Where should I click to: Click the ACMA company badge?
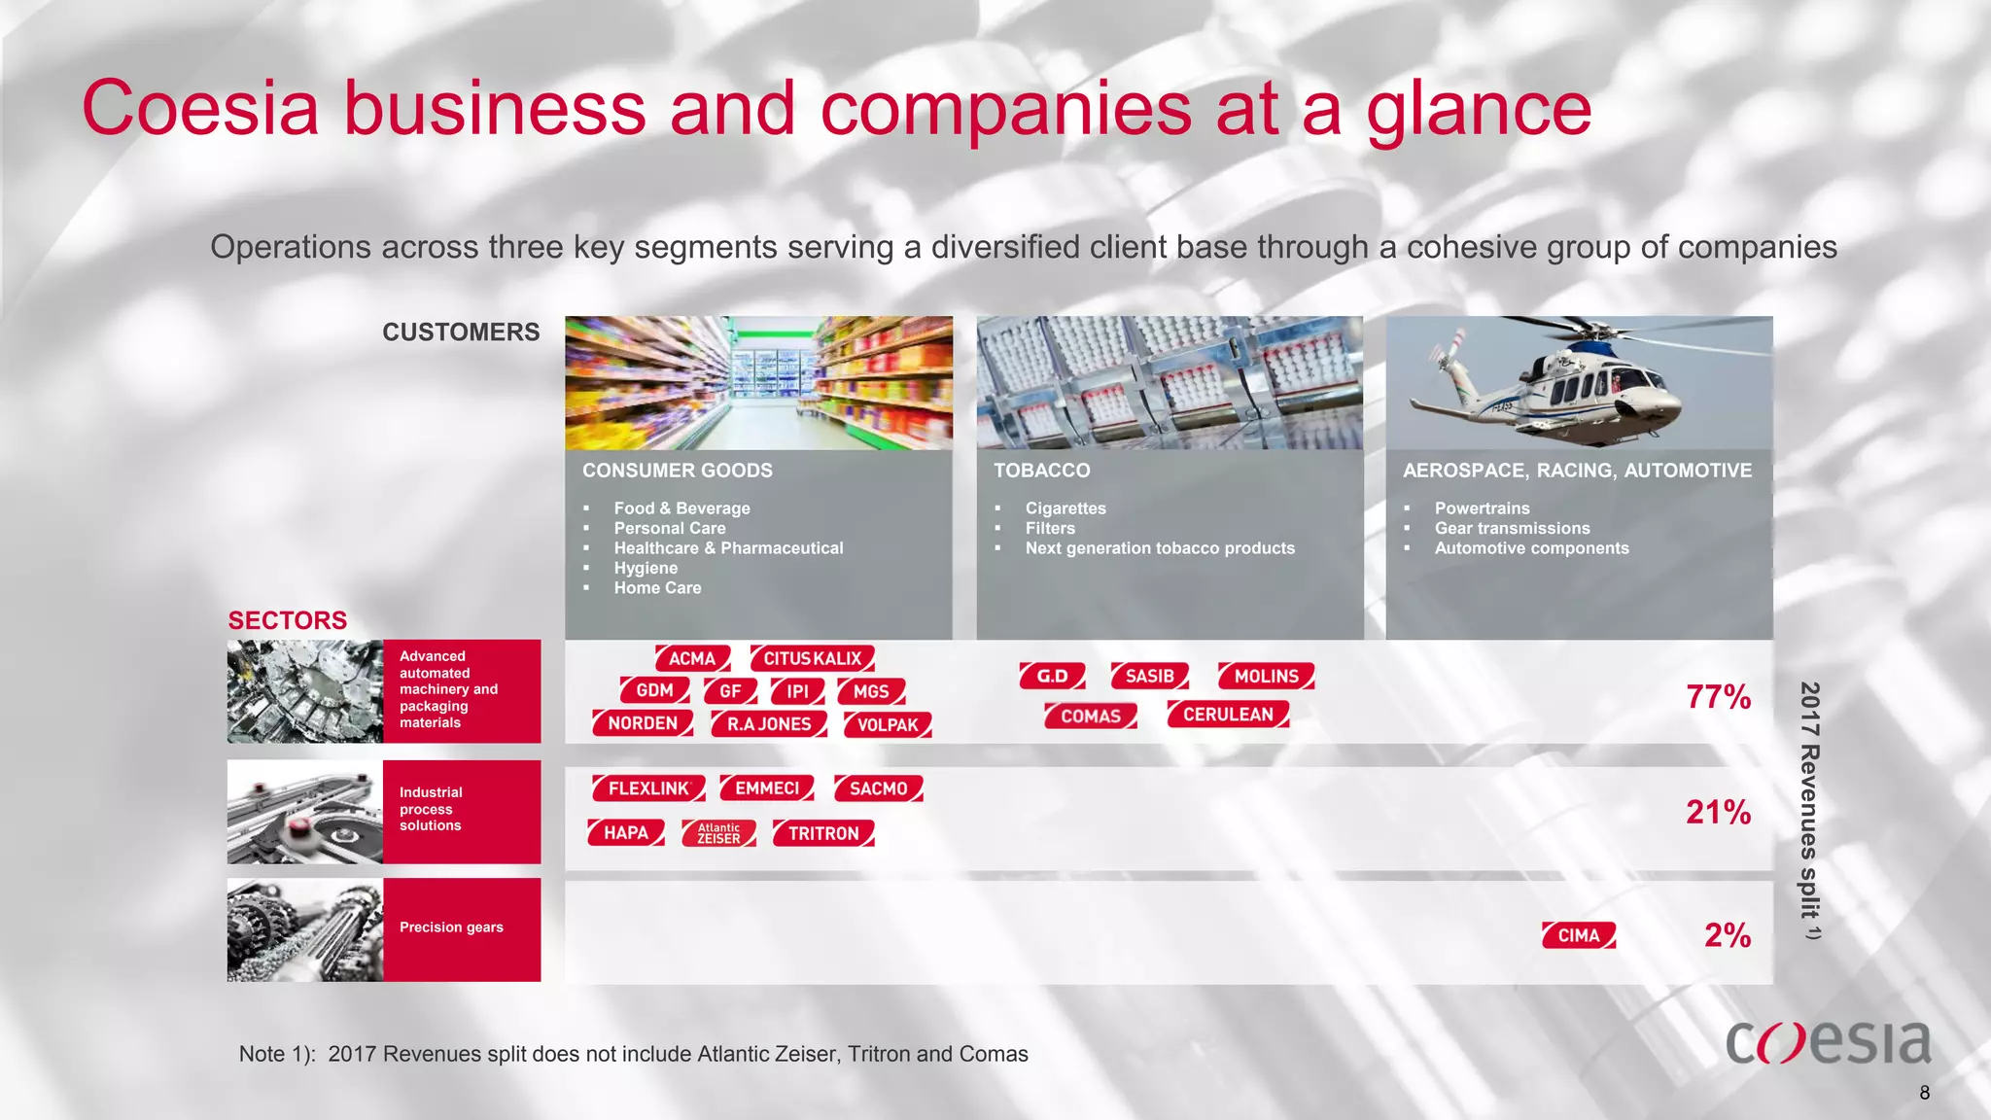[691, 658]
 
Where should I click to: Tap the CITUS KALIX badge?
[812, 658]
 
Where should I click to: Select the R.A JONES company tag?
[768, 724]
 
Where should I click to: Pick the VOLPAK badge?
[888, 725]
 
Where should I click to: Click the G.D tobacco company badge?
[1052, 676]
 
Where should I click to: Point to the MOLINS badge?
[1266, 676]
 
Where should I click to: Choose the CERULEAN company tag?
[1228, 715]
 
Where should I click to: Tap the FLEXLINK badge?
[648, 788]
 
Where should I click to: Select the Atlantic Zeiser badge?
[718, 833]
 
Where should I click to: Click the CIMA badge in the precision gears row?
[1579, 935]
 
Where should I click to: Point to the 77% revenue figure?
[1718, 697]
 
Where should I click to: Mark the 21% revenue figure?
[1718, 812]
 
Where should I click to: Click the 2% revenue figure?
[1727, 935]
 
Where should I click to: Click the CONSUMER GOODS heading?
[678, 471]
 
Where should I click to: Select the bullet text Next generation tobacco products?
[1160, 548]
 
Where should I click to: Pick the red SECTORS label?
[288, 620]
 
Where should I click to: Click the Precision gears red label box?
[462, 928]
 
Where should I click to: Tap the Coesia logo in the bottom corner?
[1828, 1042]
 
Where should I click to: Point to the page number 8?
[1925, 1093]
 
